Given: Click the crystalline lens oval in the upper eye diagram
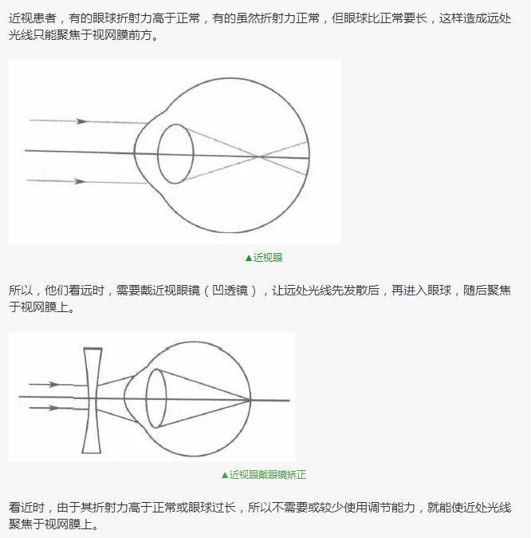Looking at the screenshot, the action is click(158, 154).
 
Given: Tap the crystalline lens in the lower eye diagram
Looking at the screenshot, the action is click(146, 398).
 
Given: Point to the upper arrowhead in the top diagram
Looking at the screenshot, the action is click(81, 121).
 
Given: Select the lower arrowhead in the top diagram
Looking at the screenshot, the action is click(81, 181).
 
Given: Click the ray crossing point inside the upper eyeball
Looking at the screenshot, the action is click(259, 156).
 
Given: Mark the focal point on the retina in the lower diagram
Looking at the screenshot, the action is click(250, 400).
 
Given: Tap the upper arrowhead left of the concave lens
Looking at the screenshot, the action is click(54, 384).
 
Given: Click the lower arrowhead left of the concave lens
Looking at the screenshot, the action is click(54, 408).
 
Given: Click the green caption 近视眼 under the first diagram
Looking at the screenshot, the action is click(268, 258).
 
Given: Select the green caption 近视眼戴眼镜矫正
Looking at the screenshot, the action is click(268, 475).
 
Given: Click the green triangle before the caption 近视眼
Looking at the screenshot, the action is click(249, 258).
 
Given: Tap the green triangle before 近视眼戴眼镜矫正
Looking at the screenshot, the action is click(225, 475).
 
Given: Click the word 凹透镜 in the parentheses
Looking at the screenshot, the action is click(230, 291).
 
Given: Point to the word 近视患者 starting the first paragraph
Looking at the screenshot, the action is click(33, 18).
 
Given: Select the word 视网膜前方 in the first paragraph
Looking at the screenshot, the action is click(122, 34).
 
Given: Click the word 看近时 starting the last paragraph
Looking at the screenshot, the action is click(27, 507).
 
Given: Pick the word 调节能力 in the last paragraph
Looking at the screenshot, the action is click(391, 507).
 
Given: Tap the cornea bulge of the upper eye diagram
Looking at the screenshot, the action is click(135, 152).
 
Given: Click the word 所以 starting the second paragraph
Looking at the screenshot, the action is click(21, 291).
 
